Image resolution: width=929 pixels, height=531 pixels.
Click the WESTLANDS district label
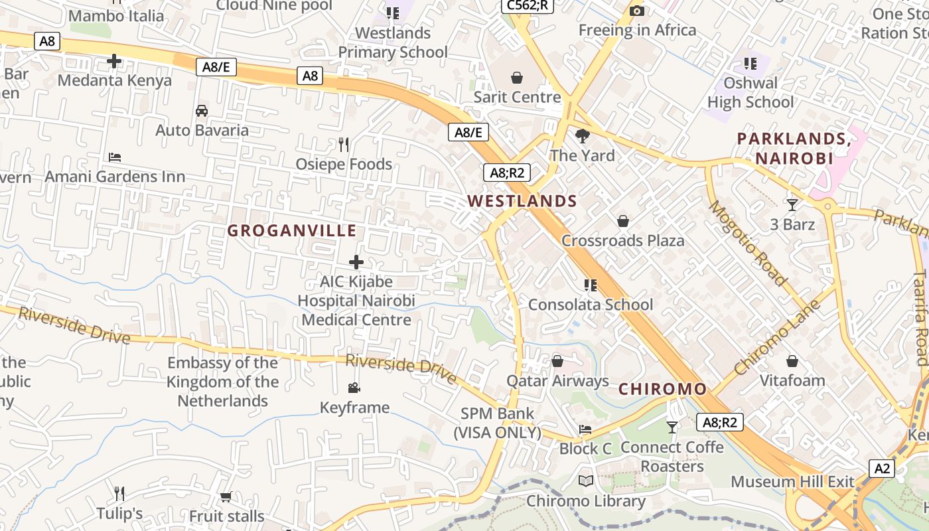(522, 201)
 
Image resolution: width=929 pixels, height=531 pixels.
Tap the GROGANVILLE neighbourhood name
(292, 231)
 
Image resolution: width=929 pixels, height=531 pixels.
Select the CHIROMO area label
(663, 389)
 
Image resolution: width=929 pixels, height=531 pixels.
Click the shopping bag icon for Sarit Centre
(517, 78)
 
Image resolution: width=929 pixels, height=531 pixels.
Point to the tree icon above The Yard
(583, 136)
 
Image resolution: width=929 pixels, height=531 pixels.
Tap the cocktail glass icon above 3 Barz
(792, 204)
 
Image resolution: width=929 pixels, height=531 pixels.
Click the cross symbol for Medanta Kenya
(114, 62)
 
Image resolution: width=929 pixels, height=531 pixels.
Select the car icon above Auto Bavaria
(202, 111)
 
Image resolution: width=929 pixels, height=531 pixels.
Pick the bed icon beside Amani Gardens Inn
(115, 157)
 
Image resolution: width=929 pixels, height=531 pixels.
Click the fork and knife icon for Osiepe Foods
(344, 144)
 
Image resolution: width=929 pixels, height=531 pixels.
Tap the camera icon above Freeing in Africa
(637, 11)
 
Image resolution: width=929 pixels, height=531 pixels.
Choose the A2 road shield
(882, 469)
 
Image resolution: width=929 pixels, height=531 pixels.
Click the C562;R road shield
(527, 5)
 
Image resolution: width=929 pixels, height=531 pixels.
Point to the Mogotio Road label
(748, 243)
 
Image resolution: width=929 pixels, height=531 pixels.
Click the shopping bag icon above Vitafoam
(792, 361)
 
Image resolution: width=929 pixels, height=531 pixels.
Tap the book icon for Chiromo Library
(585, 481)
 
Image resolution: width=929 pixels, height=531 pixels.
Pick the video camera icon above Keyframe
(354, 388)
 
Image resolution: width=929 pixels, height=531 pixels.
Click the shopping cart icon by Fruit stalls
(226, 496)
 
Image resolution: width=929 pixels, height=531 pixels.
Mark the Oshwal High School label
(750, 92)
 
